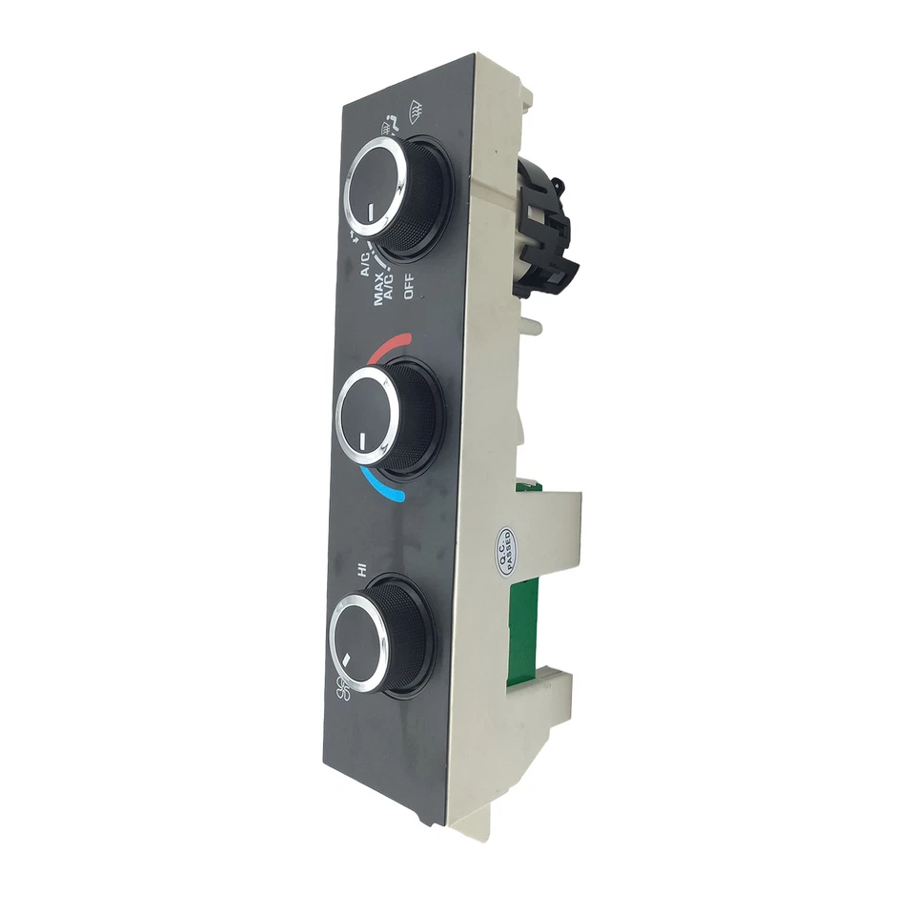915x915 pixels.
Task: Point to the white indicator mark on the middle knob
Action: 363,439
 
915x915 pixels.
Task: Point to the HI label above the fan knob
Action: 362,570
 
